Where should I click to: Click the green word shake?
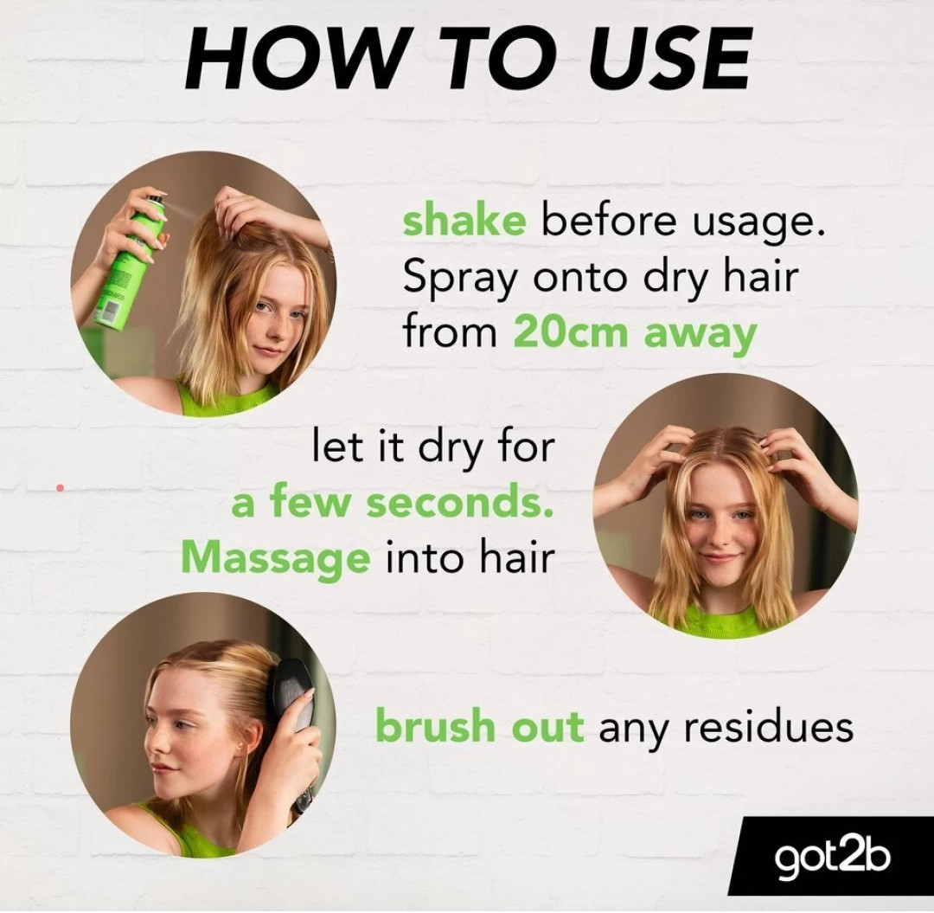[464, 221]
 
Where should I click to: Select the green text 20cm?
[570, 332]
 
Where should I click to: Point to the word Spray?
[457, 279]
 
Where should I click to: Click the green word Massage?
[275, 559]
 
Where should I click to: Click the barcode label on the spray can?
[110, 311]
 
